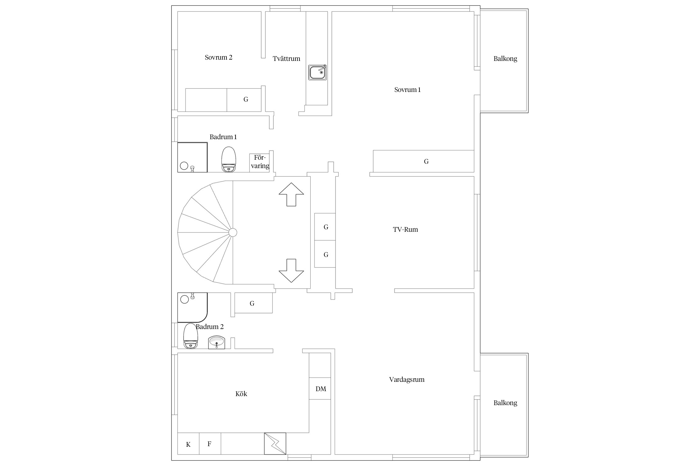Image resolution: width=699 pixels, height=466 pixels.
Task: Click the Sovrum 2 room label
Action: (x=218, y=57)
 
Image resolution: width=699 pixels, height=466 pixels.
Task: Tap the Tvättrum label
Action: (x=286, y=59)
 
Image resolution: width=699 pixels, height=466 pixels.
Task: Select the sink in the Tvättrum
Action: (x=318, y=72)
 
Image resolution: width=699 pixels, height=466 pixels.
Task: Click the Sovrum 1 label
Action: (x=407, y=90)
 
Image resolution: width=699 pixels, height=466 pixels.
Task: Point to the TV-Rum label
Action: (x=405, y=230)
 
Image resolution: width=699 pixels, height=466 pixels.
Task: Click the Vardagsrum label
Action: (x=407, y=379)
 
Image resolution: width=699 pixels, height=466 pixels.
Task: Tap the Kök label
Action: (x=241, y=394)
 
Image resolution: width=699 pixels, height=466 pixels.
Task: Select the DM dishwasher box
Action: (x=320, y=388)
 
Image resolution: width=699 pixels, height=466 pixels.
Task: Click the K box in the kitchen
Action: (x=188, y=444)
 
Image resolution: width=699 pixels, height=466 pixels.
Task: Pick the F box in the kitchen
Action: (x=210, y=444)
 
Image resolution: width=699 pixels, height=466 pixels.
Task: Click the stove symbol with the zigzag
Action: (x=275, y=444)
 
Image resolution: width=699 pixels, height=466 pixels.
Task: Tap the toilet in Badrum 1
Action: (x=229, y=159)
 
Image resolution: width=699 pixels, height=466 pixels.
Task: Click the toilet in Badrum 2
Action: (x=190, y=336)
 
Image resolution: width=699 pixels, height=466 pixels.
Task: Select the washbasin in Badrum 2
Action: (x=217, y=342)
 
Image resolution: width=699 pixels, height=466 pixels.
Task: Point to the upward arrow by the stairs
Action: (x=291, y=194)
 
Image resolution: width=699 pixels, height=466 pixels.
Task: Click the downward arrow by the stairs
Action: (x=291, y=271)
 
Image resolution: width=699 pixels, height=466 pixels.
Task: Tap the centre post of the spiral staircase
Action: (x=233, y=232)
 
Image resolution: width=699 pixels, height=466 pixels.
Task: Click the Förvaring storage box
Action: (x=259, y=163)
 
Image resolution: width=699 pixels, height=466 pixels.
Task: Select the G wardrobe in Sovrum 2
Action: (x=244, y=100)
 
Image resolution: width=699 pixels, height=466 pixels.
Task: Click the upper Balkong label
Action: (x=505, y=59)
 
